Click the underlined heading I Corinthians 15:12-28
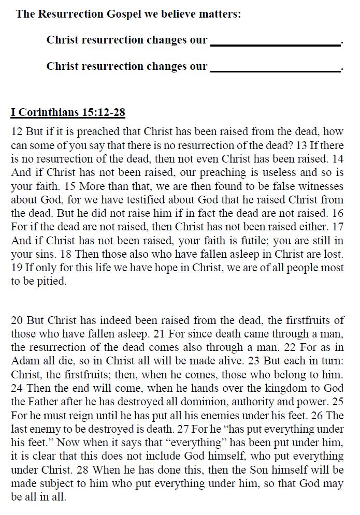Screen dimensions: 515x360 68,112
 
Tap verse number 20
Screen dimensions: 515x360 17,320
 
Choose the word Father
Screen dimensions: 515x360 45,401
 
